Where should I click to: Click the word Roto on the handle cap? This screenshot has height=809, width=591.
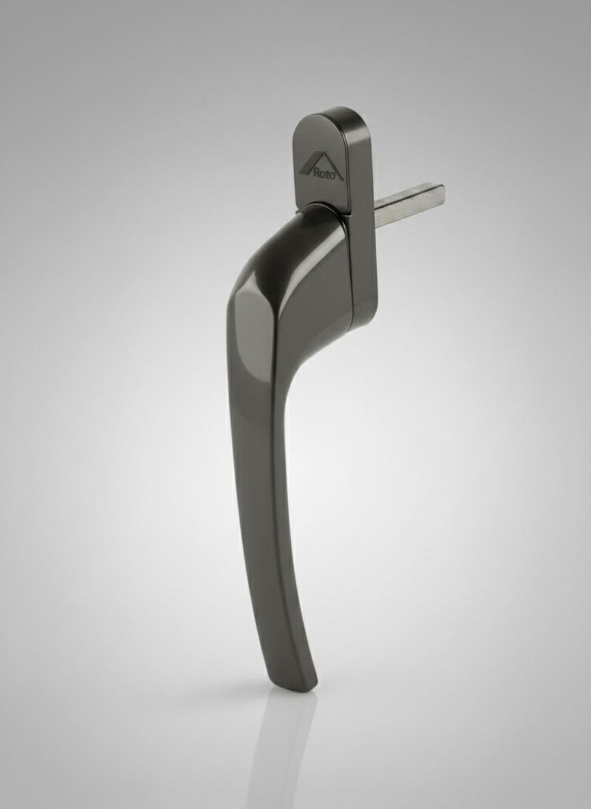coord(328,174)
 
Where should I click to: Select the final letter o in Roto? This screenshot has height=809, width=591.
coord(339,176)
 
